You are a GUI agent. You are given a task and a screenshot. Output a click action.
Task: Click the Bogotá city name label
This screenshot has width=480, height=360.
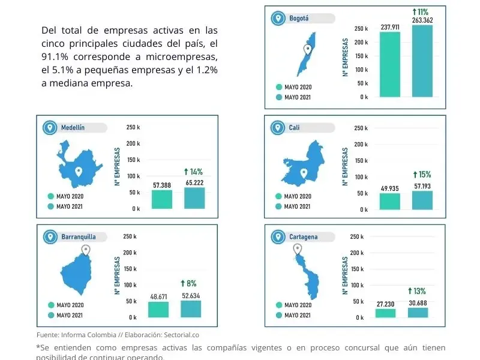pos(299,18)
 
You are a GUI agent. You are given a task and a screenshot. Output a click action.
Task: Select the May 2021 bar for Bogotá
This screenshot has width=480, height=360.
pos(422,61)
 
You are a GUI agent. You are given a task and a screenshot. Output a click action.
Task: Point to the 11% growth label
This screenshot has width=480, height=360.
pos(420,11)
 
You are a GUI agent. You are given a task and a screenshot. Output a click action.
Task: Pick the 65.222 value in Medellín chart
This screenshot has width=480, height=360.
pos(194,182)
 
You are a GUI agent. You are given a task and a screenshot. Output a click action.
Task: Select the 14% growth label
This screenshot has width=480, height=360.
pos(193,172)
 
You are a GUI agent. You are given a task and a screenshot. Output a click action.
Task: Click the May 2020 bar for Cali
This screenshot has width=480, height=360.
pos(390,201)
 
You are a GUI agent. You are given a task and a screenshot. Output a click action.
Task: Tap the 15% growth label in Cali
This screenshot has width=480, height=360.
pos(422,175)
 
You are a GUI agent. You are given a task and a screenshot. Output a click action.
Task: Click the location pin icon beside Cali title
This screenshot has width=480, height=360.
pos(277,127)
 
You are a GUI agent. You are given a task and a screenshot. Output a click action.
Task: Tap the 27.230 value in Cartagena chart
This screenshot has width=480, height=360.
pos(385,304)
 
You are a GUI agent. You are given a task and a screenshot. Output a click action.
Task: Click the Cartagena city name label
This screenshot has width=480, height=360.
pos(303,237)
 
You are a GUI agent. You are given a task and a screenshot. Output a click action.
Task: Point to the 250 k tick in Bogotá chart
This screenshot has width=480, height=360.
pos(361,28)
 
